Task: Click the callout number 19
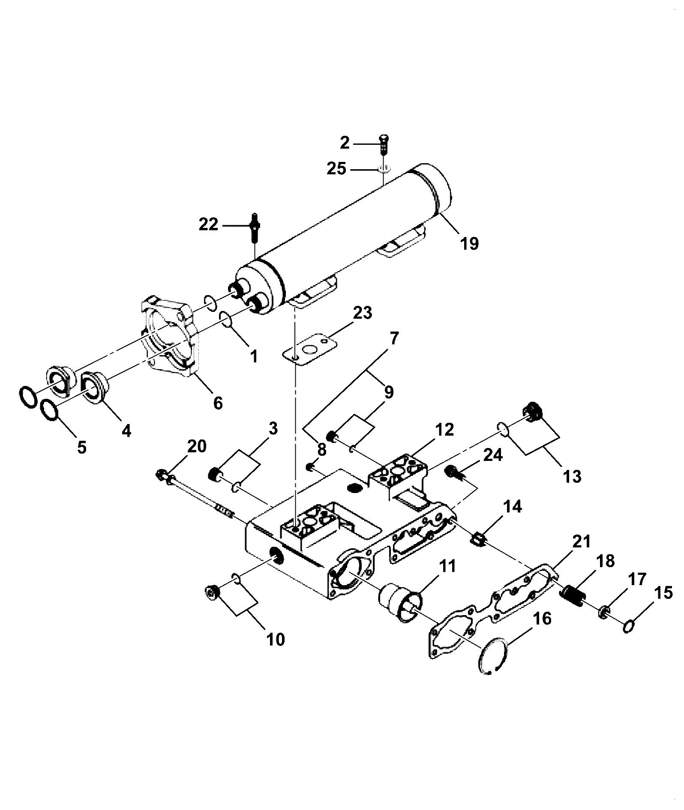point(469,244)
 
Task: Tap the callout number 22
point(209,224)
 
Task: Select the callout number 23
point(363,313)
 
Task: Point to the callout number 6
point(218,403)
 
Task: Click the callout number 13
point(572,476)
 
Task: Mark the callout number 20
point(197,446)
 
